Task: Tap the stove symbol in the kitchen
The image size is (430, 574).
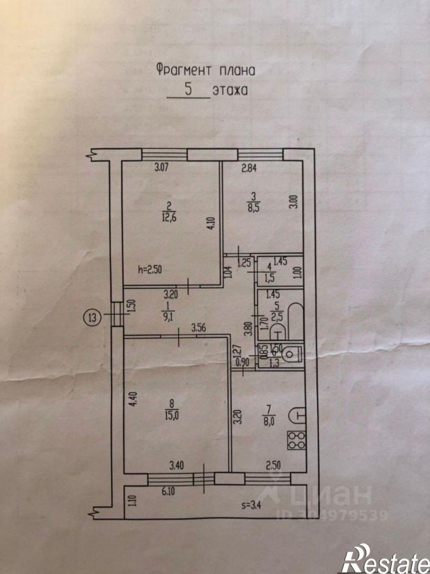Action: (x=295, y=439)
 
